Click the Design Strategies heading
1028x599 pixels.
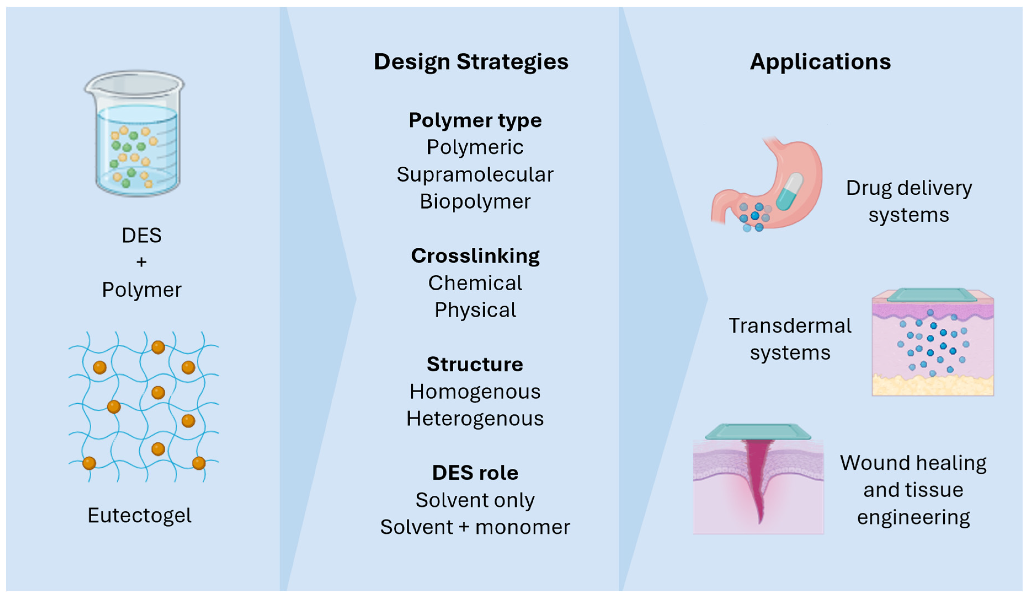[x=471, y=62]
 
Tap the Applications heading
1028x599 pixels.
[x=820, y=62]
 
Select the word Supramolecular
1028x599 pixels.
[x=475, y=174]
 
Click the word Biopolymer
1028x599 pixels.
[x=475, y=201]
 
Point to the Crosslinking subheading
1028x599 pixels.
[x=475, y=256]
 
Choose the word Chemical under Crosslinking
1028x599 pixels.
[x=475, y=283]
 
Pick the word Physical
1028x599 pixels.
[x=475, y=310]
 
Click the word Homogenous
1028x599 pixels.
[x=475, y=392]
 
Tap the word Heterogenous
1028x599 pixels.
[x=475, y=419]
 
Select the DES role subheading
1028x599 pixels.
[x=475, y=473]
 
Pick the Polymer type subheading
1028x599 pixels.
[x=475, y=120]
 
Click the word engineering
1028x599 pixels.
[x=913, y=517]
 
